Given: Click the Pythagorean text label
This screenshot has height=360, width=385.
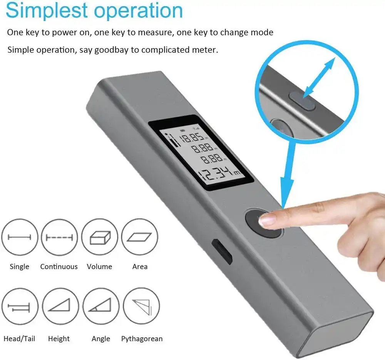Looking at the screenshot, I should pos(142,339).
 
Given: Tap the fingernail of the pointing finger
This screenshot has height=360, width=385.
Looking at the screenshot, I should pos(266,220).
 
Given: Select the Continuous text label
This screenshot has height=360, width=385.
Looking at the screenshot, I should pos(59,267).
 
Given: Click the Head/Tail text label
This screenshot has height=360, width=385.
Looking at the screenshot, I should pos(19,339).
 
